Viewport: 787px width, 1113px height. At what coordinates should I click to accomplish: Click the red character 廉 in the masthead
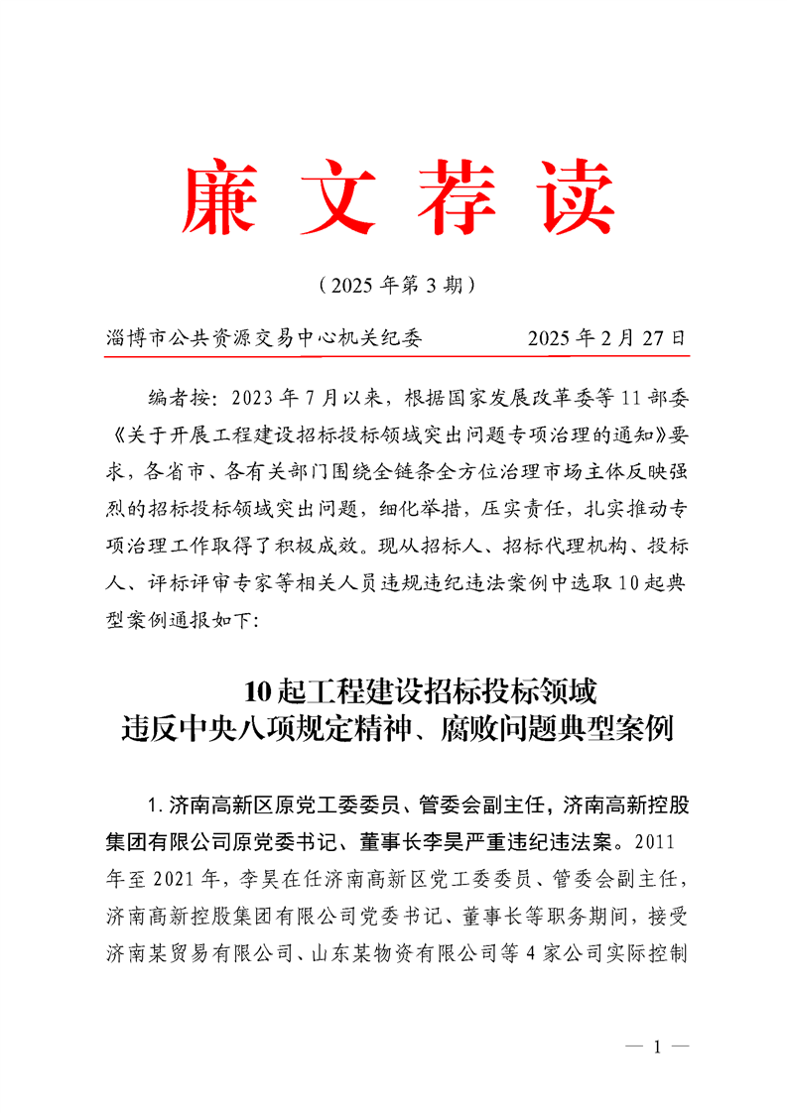(219, 194)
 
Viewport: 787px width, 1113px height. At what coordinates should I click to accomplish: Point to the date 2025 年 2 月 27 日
(606, 338)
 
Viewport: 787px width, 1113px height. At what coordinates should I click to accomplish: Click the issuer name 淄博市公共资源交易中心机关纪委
(264, 338)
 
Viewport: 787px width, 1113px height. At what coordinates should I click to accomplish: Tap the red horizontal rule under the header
(393, 354)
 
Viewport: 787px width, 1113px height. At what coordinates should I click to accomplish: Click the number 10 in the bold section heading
(256, 688)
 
